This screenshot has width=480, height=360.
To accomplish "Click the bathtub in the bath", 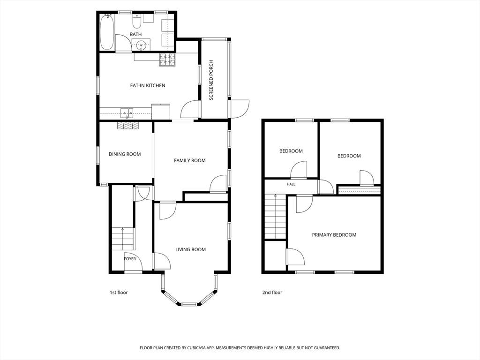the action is pyautogui.click(x=107, y=32).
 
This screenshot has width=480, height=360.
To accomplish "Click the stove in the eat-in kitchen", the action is pyautogui.click(x=167, y=60).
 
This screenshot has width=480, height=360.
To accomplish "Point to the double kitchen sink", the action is pyautogui.click(x=127, y=113).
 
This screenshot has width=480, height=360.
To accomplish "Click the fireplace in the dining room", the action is pyautogui.click(x=127, y=126).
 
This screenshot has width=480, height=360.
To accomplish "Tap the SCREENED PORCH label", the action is pyautogui.click(x=211, y=80).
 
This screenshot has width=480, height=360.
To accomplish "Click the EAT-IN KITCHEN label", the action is pyautogui.click(x=148, y=85).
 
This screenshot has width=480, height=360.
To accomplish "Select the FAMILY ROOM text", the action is pyautogui.click(x=190, y=160).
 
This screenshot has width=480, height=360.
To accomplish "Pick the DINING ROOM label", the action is pyautogui.click(x=125, y=154).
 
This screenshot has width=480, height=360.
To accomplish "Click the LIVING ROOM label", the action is pyautogui.click(x=190, y=249).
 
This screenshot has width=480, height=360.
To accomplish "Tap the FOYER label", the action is pyautogui.click(x=130, y=259).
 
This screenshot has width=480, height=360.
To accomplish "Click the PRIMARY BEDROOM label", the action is pyautogui.click(x=334, y=235).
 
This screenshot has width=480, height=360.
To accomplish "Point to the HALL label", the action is pyautogui.click(x=291, y=184).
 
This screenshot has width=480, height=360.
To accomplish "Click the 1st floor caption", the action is pyautogui.click(x=119, y=292).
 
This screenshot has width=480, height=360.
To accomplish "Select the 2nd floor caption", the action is pyautogui.click(x=272, y=292).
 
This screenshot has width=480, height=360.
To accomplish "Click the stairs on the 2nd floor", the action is pyautogui.click(x=276, y=217).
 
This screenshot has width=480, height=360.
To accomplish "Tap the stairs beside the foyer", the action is pyautogui.click(x=123, y=239).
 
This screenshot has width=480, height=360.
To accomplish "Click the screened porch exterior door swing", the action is pyautogui.click(x=240, y=109).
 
